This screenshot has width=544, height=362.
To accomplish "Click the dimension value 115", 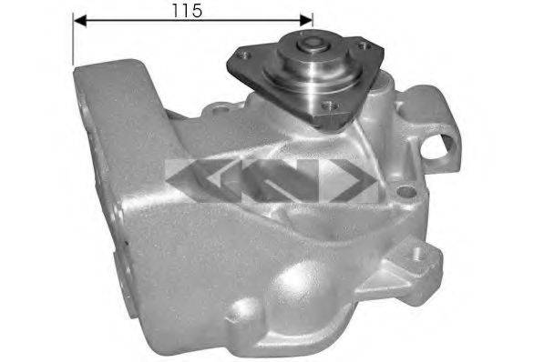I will tap(188, 10).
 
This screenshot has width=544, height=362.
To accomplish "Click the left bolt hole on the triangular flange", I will tap(242, 55).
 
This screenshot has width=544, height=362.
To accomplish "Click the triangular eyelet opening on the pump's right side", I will tap(448, 142).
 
